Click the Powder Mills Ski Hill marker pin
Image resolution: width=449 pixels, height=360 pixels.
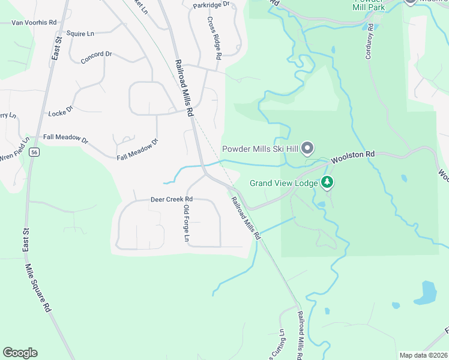307,148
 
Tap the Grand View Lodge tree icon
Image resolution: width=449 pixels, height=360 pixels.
327,182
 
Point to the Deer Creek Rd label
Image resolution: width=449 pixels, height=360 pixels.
171,199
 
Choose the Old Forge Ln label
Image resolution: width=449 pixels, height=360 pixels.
186,224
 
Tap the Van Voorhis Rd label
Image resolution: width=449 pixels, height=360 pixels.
34,23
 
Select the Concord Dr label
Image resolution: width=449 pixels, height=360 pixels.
96,54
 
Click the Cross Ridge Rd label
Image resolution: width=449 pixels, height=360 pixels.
214,37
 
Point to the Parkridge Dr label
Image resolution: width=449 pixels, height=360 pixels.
211,5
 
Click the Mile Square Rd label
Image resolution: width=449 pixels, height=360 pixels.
37,288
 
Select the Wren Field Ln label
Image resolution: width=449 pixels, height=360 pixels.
14,156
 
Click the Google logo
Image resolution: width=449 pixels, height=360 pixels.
20,353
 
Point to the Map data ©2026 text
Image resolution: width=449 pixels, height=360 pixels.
423,355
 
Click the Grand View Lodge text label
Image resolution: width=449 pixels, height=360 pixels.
284,182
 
